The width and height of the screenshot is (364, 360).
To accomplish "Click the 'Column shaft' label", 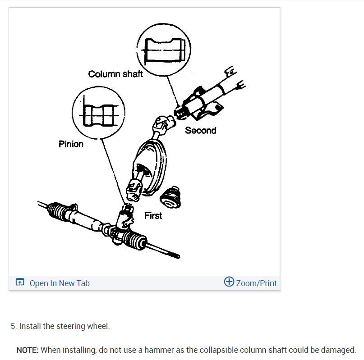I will pyautogui.click(x=115, y=74).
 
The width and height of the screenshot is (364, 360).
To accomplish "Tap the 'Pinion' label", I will pyautogui.click(x=71, y=144).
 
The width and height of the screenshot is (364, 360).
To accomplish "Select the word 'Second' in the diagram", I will pyautogui.click(x=200, y=131).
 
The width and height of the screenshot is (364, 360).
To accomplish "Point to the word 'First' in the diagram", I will pyautogui.click(x=153, y=216).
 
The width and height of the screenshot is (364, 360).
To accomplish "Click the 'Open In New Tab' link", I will pyautogui.click(x=60, y=283).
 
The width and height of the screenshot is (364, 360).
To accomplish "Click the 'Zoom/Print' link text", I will pyautogui.click(x=256, y=283).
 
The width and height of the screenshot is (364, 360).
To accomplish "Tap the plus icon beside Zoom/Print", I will pyautogui.click(x=229, y=283).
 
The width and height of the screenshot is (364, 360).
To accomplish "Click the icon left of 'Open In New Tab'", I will pyautogui.click(x=19, y=283).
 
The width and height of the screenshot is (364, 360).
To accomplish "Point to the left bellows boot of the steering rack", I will pyautogui.click(x=57, y=212).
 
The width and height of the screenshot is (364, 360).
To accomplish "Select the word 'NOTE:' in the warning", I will pyautogui.click(x=28, y=350).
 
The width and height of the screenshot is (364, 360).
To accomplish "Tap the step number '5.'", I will pyautogui.click(x=14, y=326).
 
